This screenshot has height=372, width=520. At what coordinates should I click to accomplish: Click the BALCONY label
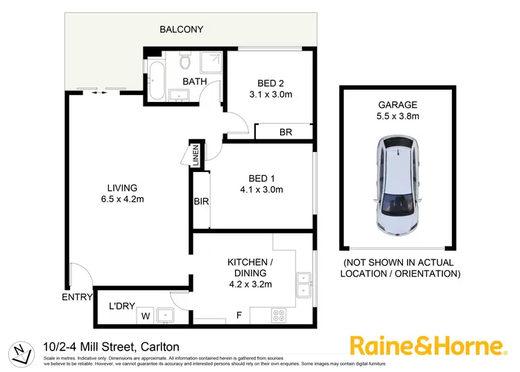pos(181,29)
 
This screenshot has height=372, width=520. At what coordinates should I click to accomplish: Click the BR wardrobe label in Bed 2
pos(285,132)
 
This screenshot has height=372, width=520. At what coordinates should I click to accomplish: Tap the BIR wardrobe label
pos(201,202)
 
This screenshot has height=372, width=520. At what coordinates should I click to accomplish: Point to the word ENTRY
pos(76,297)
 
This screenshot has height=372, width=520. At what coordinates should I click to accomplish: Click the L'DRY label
pos(121,306)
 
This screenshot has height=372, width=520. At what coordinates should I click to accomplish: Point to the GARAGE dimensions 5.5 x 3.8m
pos(398,117)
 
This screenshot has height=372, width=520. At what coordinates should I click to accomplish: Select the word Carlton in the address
pos(160,346)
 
